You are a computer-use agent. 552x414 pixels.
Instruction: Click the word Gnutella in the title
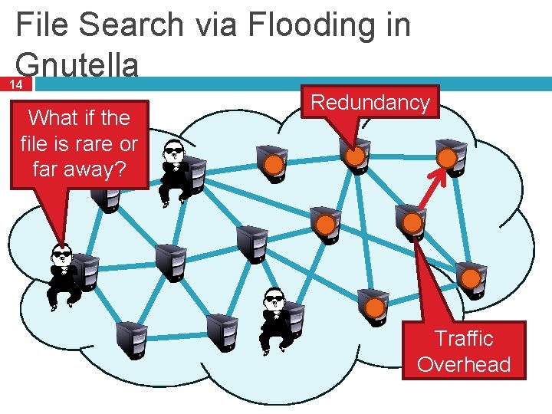point(77,64)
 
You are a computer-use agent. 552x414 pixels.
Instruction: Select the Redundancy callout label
point(370,103)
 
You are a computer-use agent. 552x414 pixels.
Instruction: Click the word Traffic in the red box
point(464,338)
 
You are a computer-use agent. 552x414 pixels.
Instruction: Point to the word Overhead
point(464,364)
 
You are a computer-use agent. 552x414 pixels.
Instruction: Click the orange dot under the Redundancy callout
point(354,156)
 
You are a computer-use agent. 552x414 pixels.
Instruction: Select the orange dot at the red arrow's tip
point(446,158)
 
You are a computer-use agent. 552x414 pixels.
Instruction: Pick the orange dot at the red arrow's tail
point(412,223)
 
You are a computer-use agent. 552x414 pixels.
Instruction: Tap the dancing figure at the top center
point(176,170)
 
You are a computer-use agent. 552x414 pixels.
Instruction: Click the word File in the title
point(43,25)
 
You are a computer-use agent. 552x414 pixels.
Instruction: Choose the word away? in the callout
point(95,169)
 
